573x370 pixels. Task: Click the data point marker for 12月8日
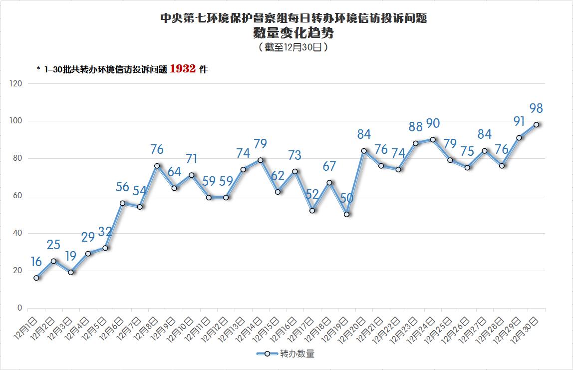click(x=157, y=166)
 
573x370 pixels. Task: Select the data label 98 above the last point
click(x=536, y=108)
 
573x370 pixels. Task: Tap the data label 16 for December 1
click(x=36, y=262)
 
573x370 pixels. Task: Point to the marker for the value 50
click(x=346, y=214)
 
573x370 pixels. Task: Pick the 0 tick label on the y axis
click(x=19, y=308)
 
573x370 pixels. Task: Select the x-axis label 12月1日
click(x=27, y=327)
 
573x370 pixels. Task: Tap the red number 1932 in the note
click(x=182, y=69)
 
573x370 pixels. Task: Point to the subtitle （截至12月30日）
click(x=293, y=47)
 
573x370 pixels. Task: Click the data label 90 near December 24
click(x=433, y=123)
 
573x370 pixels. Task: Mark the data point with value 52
click(x=312, y=211)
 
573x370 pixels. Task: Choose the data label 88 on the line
click(x=416, y=127)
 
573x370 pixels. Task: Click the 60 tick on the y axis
click(x=17, y=196)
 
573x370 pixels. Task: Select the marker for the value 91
click(x=519, y=138)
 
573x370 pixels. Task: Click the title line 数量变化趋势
click(x=293, y=33)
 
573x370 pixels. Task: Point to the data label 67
click(x=329, y=166)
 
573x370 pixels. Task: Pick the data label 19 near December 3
click(x=71, y=256)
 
